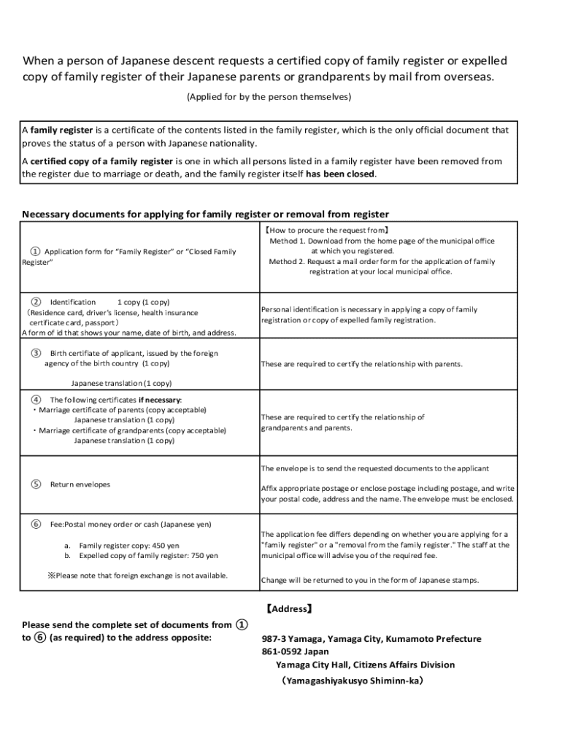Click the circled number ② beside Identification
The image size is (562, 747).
pyautogui.click(x=36, y=301)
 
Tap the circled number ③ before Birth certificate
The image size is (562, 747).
pyautogui.click(x=36, y=353)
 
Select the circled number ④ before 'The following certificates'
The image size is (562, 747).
pyautogui.click(x=36, y=400)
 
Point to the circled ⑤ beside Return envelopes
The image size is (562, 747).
pyautogui.click(x=36, y=484)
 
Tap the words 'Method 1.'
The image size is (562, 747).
pyautogui.click(x=288, y=241)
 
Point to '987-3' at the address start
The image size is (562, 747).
pyautogui.click(x=274, y=638)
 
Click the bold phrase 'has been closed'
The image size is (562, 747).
pyautogui.click(x=339, y=174)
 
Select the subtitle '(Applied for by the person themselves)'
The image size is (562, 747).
pyautogui.click(x=269, y=96)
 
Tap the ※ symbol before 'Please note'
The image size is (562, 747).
pyautogui.click(x=52, y=576)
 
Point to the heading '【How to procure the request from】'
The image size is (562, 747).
pyautogui.click(x=326, y=229)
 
